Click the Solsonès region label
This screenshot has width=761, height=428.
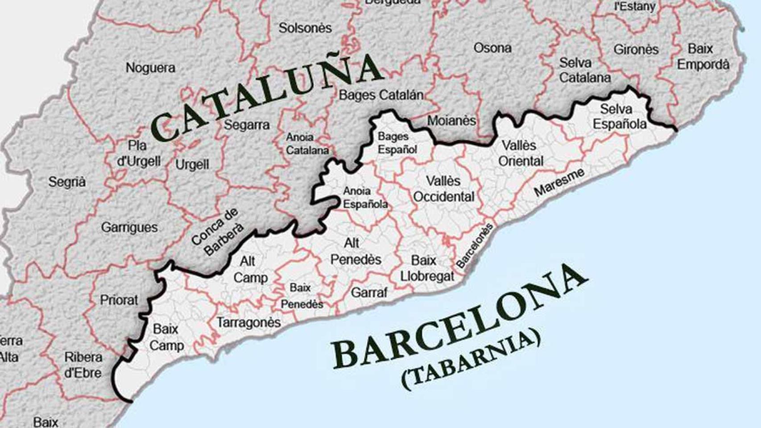[305, 28]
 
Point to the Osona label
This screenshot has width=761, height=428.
[492, 48]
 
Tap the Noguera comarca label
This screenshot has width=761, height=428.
[150, 68]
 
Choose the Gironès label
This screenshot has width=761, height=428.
[636, 49]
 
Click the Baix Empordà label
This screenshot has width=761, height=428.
[703, 57]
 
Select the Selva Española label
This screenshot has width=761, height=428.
[619, 116]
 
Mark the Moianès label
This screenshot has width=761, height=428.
[451, 120]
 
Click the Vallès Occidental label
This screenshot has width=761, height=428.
[443, 189]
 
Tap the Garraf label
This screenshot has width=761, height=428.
[369, 292]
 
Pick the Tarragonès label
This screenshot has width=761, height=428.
[248, 322]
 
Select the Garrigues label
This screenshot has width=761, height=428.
[129, 227]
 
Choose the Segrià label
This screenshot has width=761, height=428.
[67, 182]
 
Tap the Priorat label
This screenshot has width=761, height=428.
[119, 300]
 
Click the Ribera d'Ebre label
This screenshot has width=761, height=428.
[83, 365]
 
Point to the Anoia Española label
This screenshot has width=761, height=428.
[365, 198]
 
